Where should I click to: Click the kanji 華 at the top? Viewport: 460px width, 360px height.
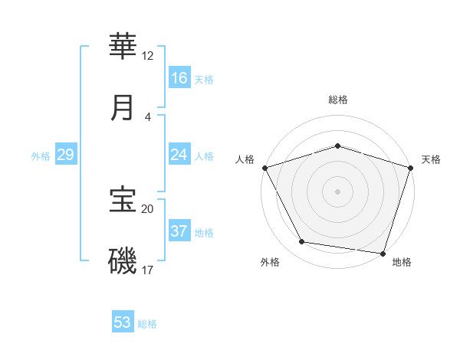click(123, 47)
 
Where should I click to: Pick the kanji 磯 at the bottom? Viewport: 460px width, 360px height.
click(123, 260)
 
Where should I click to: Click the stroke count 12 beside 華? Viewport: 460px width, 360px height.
click(148, 56)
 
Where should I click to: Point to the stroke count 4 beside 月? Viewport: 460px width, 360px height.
click(148, 117)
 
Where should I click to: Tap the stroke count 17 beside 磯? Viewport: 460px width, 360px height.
click(148, 270)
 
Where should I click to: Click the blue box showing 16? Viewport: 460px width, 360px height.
click(179, 78)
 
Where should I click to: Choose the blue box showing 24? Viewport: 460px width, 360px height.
click(179, 155)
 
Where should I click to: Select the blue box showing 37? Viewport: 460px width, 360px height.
click(179, 231)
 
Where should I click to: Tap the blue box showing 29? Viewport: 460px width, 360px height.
click(65, 155)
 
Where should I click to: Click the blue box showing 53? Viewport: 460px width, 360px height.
click(123, 322)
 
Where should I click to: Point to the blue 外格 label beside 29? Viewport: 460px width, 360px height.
click(41, 156)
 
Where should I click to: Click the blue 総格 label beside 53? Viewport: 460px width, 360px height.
click(147, 324)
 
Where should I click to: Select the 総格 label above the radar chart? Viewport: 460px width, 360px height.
click(338, 100)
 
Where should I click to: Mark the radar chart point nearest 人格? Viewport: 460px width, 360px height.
click(265, 167)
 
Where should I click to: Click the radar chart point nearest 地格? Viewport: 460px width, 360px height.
click(383, 253)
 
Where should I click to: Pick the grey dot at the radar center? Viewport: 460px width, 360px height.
click(338, 191)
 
